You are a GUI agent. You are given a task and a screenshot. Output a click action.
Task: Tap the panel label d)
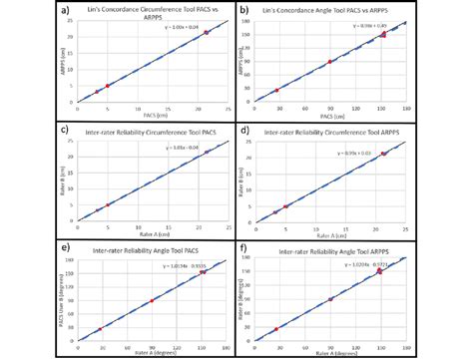click(x=243, y=129)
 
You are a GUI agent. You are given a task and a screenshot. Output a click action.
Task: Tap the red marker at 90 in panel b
click(x=330, y=62)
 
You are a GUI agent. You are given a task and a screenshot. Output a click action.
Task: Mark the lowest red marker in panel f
click(x=276, y=329)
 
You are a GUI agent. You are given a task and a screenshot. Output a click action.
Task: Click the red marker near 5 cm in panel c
click(x=107, y=204)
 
